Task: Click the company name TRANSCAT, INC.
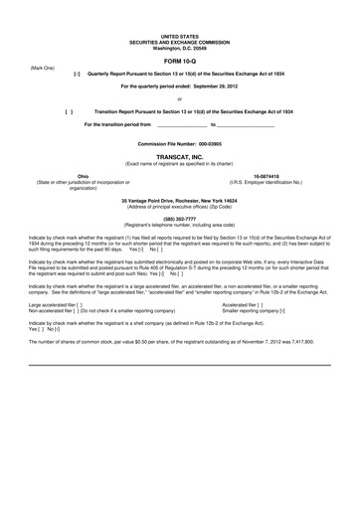point(179,156)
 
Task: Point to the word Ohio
point(69,176)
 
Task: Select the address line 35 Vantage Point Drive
point(179,200)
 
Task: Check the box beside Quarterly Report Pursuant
point(78,75)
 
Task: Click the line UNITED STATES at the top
point(179,34)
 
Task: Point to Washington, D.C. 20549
point(179,46)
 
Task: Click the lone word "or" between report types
point(179,99)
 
